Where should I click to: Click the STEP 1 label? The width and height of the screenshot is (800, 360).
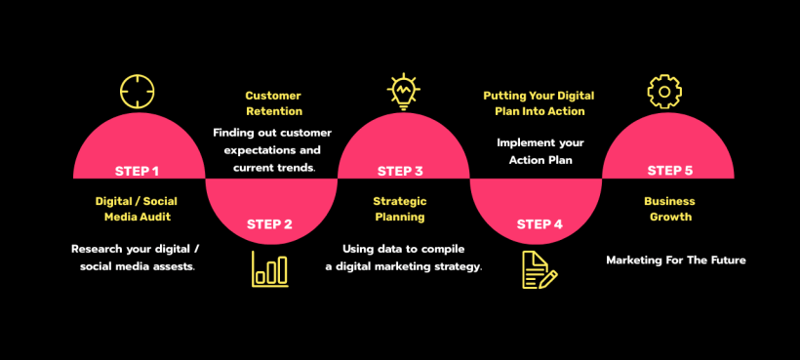point(137,171)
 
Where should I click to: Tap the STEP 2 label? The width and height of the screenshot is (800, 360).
point(269,223)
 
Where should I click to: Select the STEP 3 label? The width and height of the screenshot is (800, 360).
point(400,171)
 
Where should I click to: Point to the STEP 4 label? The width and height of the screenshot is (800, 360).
point(539,223)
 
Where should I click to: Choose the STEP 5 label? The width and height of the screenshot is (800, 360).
point(670,171)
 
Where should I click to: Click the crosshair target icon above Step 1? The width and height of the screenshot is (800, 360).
point(138,91)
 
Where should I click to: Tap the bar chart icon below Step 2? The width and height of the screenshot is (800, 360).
point(270,268)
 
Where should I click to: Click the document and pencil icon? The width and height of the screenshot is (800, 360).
point(539,269)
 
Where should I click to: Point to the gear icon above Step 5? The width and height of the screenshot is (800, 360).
point(664,92)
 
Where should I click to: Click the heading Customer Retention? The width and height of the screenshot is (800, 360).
point(273,103)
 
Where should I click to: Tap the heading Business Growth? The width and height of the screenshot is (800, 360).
point(669,209)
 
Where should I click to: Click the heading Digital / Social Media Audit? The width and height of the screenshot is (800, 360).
point(138,209)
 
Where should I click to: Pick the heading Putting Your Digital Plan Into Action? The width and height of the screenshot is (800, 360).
point(539,103)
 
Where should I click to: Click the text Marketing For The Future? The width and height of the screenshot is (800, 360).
point(676,260)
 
